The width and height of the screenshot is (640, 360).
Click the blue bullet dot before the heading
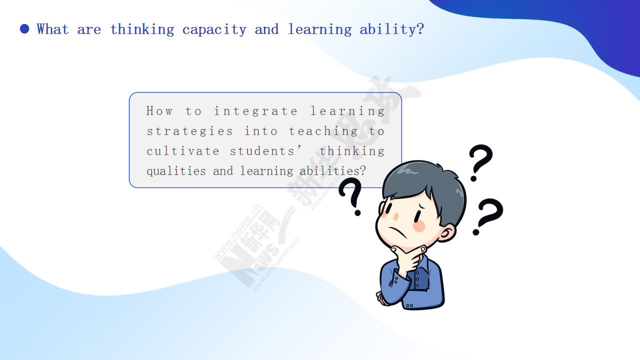24,29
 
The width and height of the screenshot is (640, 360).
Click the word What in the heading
52,29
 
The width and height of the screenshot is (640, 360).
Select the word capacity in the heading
214,29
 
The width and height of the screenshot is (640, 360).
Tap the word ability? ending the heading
391,29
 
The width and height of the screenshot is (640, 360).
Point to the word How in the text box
159,111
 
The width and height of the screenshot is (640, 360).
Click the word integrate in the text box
255,111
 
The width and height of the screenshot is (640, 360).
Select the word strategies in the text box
189,131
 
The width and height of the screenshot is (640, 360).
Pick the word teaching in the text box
323,131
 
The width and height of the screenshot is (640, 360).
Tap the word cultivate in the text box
183,151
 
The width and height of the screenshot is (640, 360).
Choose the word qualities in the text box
176,171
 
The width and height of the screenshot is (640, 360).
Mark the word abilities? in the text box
332,171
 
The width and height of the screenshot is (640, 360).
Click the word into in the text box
261,131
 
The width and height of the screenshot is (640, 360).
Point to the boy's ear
447,233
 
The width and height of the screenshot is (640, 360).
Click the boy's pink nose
395,216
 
